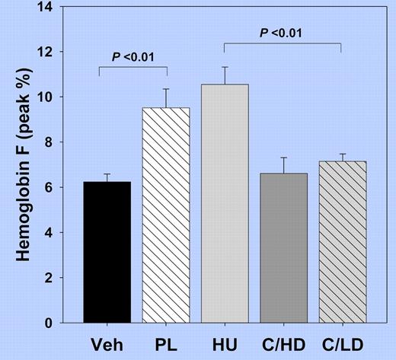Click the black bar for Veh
(107, 252)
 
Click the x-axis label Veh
(107, 344)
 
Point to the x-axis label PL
(165, 344)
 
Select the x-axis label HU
(223, 344)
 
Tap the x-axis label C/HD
(281, 344)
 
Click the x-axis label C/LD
(339, 344)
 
